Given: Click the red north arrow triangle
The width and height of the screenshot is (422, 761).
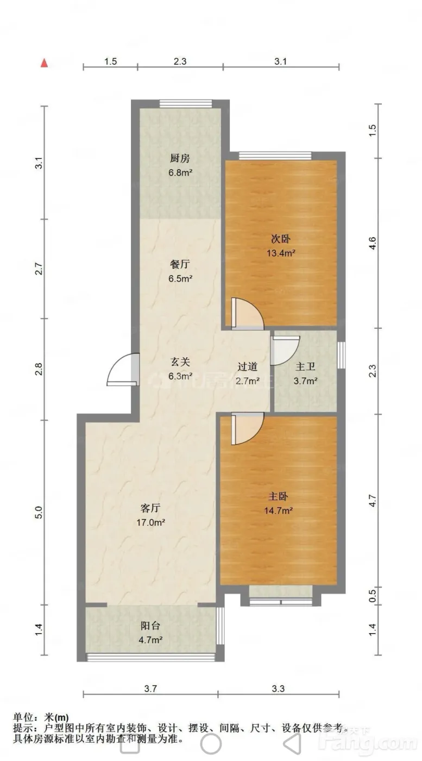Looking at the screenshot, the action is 44,63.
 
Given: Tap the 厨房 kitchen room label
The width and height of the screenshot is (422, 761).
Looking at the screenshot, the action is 180,158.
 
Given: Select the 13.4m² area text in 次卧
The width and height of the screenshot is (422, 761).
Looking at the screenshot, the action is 281,253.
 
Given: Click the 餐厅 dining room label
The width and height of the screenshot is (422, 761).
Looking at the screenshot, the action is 180,264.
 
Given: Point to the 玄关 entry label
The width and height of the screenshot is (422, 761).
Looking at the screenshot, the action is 180,362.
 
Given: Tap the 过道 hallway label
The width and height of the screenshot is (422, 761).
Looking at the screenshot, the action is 247,366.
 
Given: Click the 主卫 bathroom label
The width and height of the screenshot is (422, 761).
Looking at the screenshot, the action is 306,366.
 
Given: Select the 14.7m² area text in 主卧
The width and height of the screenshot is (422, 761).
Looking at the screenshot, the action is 279,510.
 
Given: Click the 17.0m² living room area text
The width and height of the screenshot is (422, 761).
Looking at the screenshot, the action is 151,522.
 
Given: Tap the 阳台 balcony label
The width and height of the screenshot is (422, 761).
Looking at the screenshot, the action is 150,626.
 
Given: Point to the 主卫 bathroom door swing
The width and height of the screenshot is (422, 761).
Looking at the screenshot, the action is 286,351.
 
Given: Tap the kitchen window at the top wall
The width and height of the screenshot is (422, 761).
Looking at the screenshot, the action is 186,104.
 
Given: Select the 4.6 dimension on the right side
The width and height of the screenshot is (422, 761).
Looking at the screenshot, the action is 373,244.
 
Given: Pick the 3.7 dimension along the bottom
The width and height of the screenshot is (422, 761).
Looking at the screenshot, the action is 150,689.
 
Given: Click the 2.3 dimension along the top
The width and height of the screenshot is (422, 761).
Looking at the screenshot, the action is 180,61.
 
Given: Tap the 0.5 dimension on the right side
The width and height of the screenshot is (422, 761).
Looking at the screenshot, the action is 373,596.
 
